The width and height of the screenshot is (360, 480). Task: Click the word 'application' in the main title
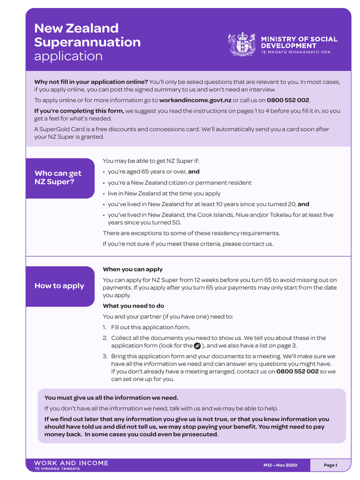tap(68, 56)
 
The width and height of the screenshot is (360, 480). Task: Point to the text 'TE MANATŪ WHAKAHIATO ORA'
tap(295, 52)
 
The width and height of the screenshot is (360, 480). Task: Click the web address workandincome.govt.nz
tap(195, 100)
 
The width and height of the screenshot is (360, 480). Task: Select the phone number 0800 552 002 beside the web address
tap(288, 100)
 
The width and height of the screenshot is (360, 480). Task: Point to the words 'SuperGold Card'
tap(58, 129)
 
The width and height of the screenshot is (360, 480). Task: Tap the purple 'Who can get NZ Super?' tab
tap(60, 178)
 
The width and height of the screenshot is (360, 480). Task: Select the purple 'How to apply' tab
tap(60, 286)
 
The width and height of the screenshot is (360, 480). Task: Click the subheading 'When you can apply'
tap(133, 270)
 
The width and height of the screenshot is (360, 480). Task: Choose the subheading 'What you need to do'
tap(133, 306)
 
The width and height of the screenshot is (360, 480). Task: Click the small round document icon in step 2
tap(197, 346)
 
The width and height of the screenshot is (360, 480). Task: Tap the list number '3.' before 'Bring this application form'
tap(105, 357)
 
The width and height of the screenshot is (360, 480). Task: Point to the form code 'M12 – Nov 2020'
tap(280, 465)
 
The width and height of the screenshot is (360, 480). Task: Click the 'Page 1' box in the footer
tap(330, 465)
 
